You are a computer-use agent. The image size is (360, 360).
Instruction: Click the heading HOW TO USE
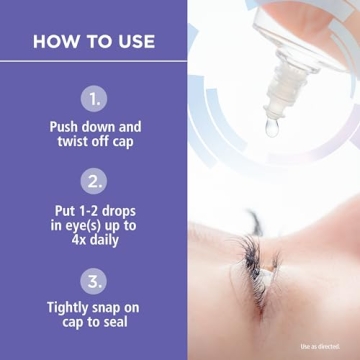(93, 42)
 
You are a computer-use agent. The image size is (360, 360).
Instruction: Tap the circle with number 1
(94, 100)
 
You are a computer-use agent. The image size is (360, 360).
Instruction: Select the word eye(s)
(88, 228)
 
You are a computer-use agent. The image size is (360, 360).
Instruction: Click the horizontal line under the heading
(93, 62)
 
